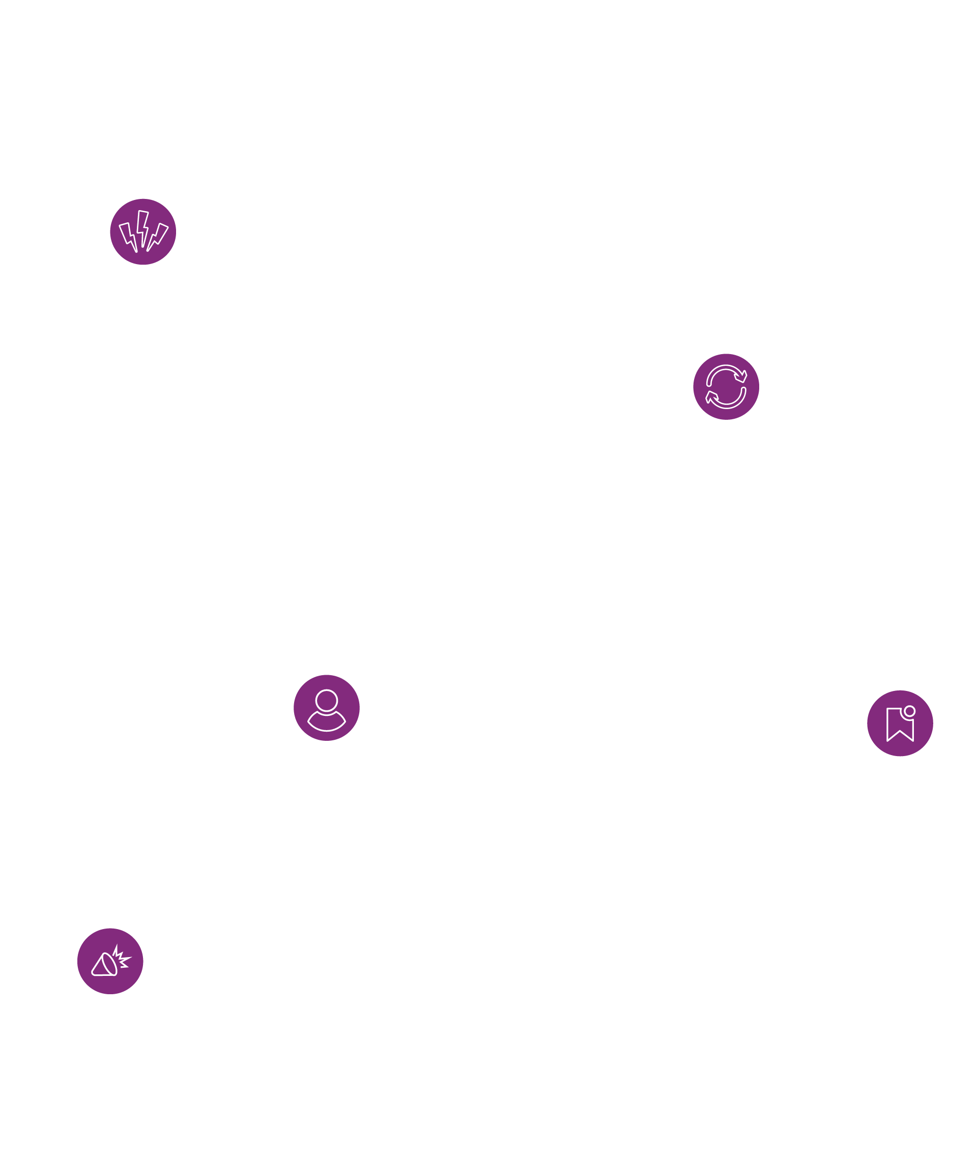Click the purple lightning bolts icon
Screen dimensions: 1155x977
pos(143,232)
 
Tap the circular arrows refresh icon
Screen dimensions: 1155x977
pos(726,387)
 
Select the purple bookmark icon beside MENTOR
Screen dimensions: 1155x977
pos(900,723)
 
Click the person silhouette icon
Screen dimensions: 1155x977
pos(326,708)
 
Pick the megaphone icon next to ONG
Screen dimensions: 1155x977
pos(110,961)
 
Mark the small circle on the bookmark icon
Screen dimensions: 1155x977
pos(909,711)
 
